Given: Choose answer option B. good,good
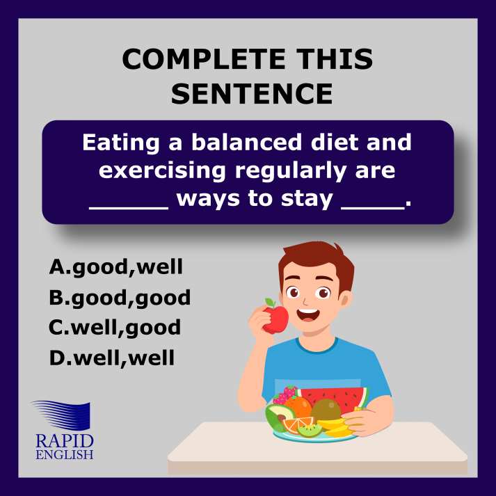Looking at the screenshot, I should pyautogui.click(x=120, y=298).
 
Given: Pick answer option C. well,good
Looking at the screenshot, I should pyautogui.click(x=115, y=328).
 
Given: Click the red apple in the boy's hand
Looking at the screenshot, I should pyautogui.click(x=275, y=319).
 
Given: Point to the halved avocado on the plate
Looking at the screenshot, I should pyautogui.click(x=280, y=417).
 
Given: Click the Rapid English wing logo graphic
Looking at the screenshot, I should pyautogui.click(x=62, y=415).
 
